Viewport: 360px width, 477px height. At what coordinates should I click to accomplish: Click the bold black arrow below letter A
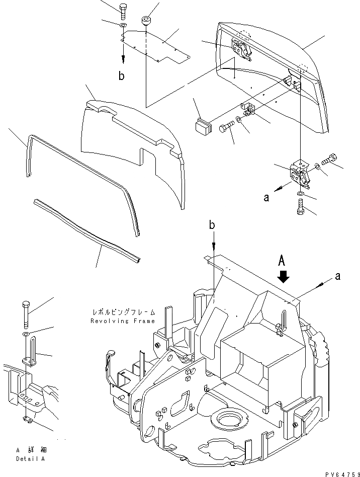[x=284, y=277]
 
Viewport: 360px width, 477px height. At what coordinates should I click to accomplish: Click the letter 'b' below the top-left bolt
[x=121, y=76]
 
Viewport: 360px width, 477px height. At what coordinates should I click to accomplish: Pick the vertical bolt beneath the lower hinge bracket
[x=300, y=207]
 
